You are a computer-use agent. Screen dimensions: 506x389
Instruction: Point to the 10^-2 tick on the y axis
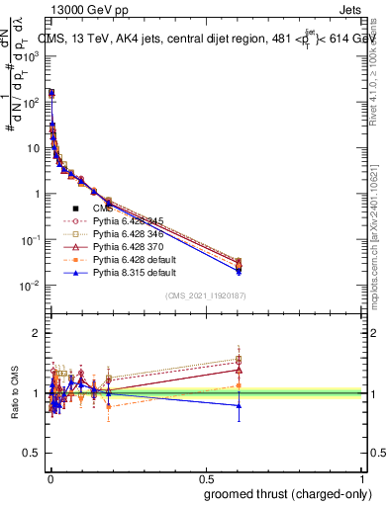[33, 286]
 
